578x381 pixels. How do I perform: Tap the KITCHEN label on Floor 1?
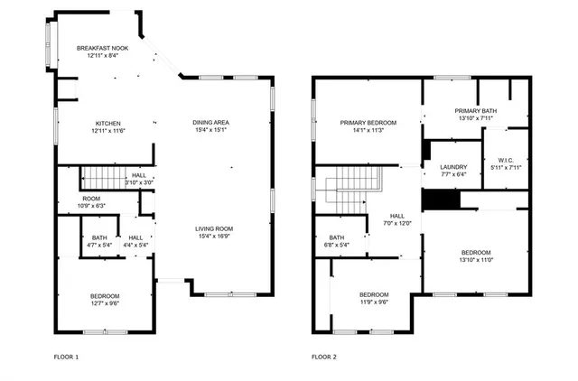(107, 124)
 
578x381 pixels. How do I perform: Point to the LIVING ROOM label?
(215, 228)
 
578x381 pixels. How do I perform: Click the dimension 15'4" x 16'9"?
(215, 237)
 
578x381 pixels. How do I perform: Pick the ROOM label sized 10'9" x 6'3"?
(91, 198)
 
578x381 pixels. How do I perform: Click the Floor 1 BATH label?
(99, 237)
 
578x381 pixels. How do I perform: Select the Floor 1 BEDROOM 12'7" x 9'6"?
(104, 296)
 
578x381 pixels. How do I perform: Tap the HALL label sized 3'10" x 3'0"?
(138, 176)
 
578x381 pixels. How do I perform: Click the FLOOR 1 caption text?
(66, 358)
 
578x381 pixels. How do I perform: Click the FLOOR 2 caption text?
(324, 358)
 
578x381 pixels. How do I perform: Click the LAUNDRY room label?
(453, 167)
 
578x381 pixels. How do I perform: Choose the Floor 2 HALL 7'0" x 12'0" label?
(397, 216)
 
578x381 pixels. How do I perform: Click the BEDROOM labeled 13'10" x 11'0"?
(476, 252)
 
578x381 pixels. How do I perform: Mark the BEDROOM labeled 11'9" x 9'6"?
(374, 295)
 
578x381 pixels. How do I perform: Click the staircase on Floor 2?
(345, 188)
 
